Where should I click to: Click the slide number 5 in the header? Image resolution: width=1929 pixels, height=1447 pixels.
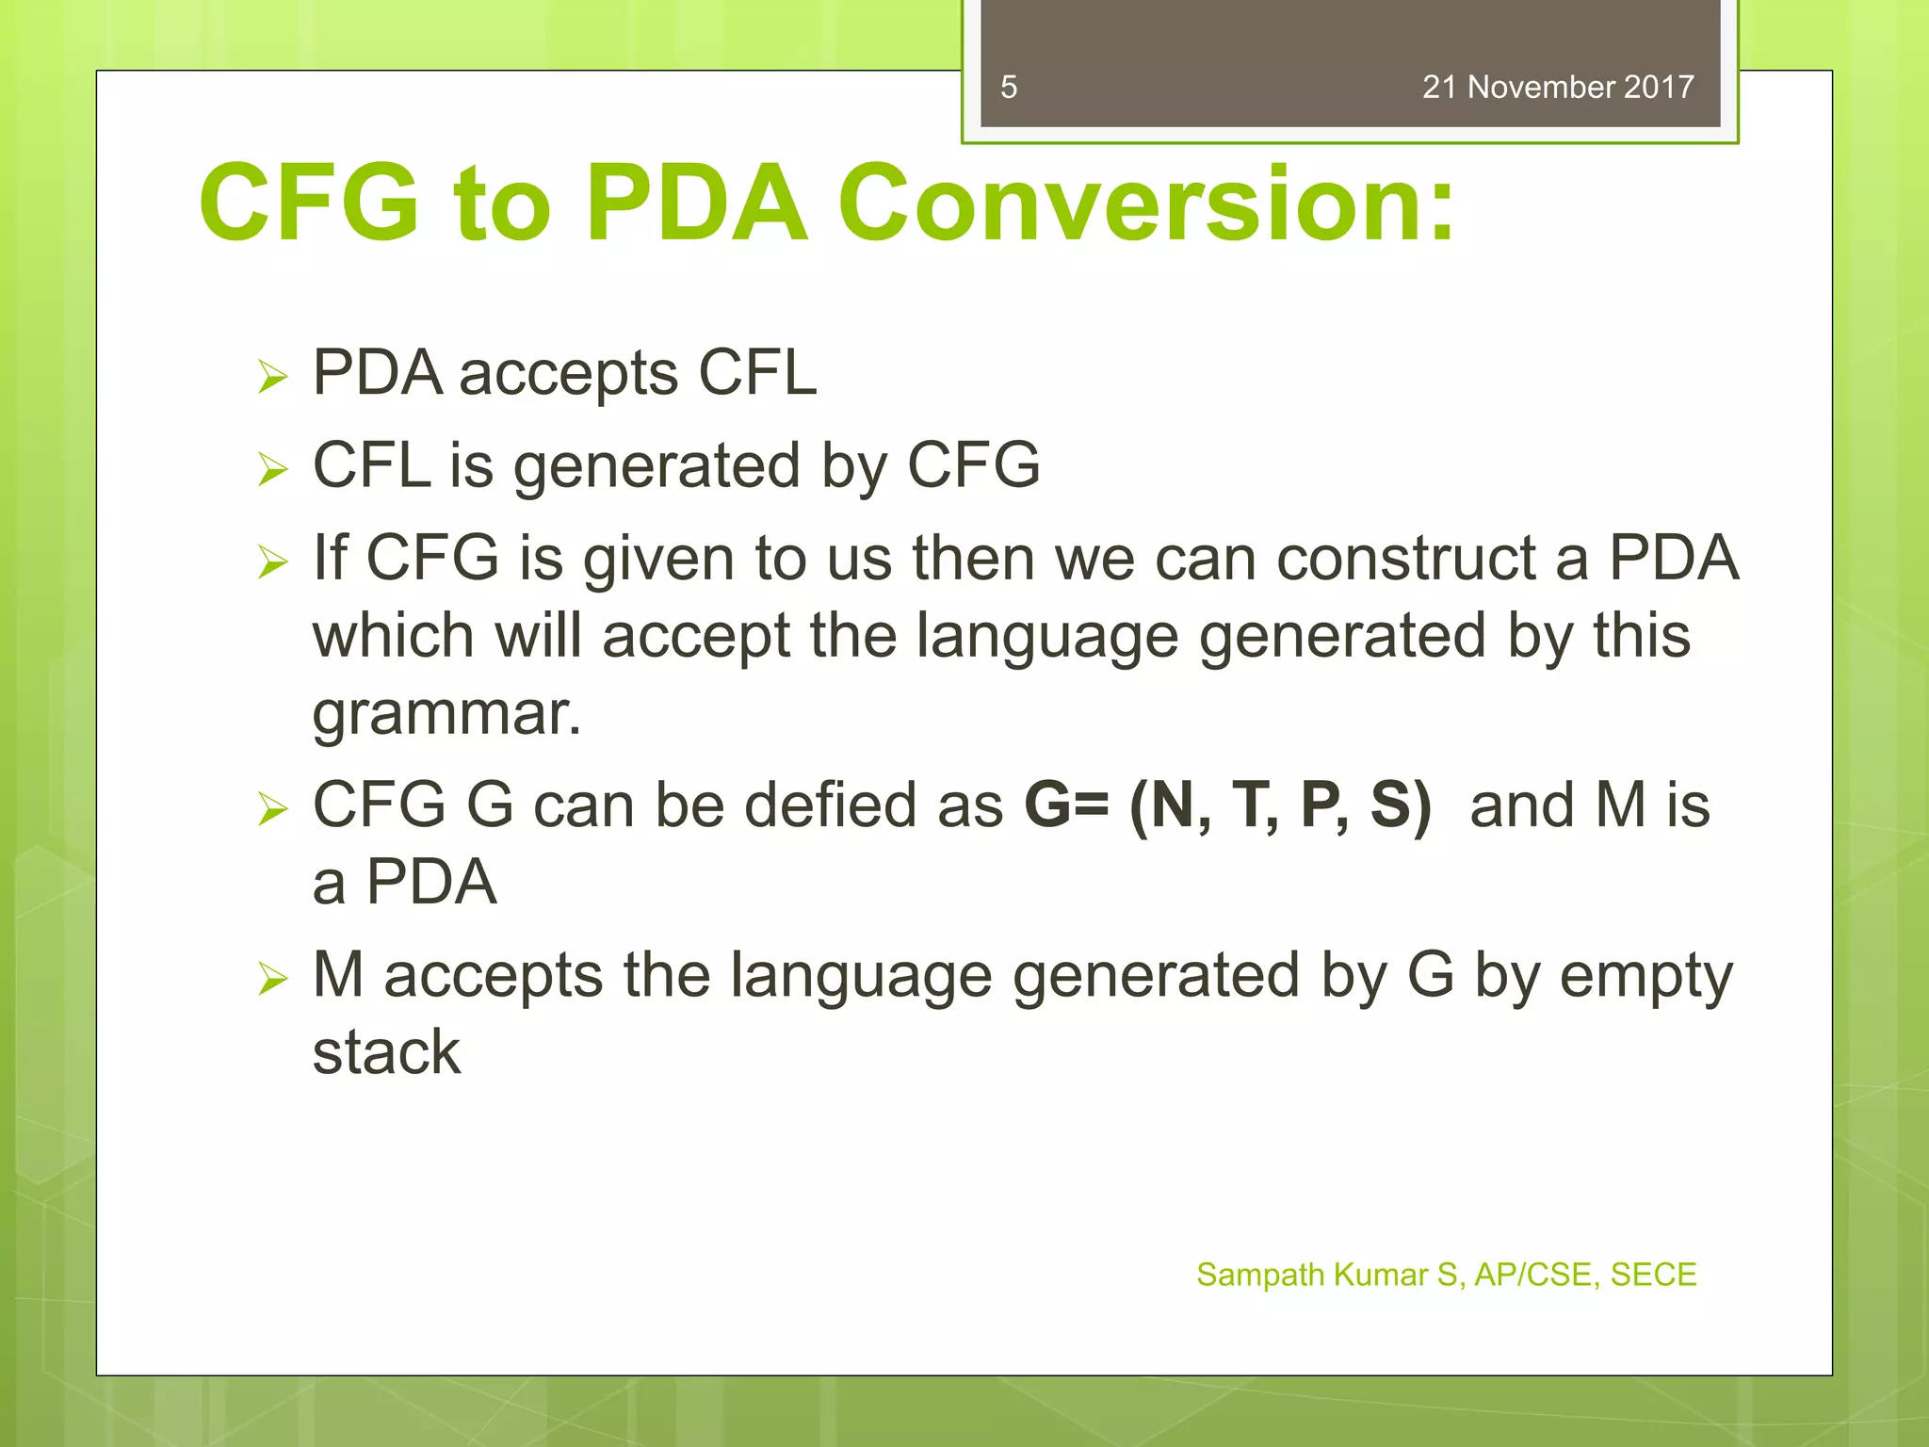(1009, 88)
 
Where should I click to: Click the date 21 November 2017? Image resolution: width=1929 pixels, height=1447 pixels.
(1558, 88)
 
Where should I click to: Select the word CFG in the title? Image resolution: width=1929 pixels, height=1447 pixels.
(309, 203)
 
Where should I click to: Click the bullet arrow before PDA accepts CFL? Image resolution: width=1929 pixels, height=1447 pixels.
(272, 378)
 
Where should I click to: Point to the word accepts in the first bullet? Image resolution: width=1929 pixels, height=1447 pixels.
(568, 374)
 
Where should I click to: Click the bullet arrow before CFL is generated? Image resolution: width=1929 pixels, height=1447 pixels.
(272, 469)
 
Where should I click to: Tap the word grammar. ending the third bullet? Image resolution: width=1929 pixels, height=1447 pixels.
(446, 713)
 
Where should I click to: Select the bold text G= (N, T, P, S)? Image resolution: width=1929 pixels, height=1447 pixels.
(1227, 805)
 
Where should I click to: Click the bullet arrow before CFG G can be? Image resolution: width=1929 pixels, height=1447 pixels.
(272, 809)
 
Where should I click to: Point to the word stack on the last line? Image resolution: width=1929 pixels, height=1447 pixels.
(386, 1052)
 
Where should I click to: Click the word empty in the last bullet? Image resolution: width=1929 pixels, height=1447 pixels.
(1645, 977)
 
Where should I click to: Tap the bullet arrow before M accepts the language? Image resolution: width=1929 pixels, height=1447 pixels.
(272, 980)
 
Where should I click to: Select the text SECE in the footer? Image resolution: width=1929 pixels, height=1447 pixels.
(1653, 1275)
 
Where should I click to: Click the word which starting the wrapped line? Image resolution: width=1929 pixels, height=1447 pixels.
(393, 636)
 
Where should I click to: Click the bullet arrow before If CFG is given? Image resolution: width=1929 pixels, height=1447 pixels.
(272, 562)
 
